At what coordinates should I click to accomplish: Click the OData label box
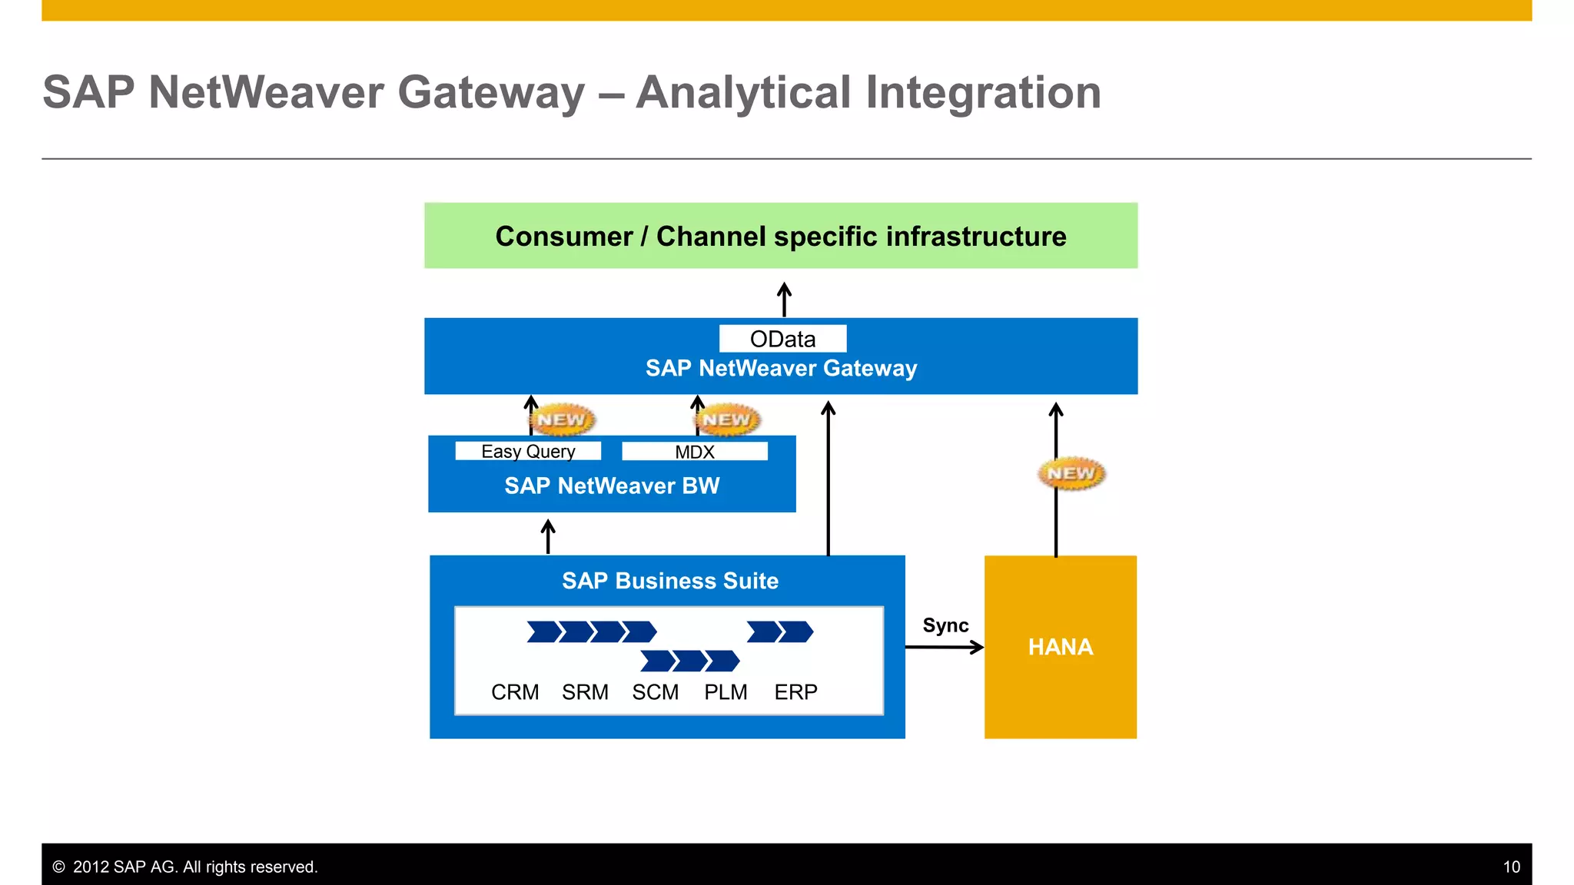point(782,339)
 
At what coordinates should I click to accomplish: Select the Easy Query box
point(528,451)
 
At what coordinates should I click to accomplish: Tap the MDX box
point(695,452)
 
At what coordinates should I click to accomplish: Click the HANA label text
point(1060,647)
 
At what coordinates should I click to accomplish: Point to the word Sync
point(945,625)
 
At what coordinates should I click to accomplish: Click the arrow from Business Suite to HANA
point(944,647)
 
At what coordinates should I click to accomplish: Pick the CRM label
point(515,692)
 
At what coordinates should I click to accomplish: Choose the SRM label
point(585,692)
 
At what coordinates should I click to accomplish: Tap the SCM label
point(655,692)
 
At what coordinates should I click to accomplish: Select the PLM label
point(726,692)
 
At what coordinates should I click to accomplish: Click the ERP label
point(795,692)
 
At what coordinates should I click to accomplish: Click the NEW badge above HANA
point(1071,473)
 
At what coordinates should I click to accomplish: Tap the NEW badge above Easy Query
point(562,419)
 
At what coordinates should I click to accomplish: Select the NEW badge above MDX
point(726,419)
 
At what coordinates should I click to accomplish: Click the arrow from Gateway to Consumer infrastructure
point(784,300)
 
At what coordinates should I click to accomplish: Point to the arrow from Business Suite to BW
point(548,536)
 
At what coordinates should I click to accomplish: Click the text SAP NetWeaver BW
point(612,486)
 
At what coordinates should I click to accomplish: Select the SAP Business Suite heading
point(669,581)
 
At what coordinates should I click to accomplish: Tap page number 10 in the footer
point(1511,867)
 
